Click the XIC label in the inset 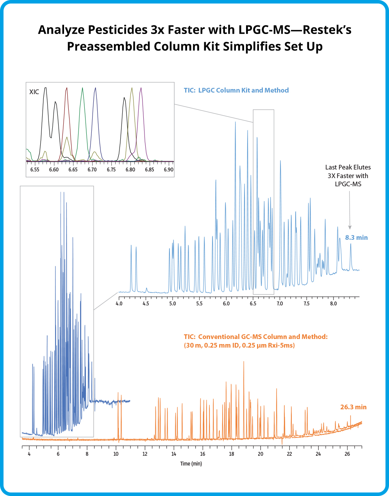click(34, 92)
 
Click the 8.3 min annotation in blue click(356, 237)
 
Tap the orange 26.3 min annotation click(353, 407)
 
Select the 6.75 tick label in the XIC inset click(111, 170)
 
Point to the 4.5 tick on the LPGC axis click(146, 303)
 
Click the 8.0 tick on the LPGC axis click(333, 303)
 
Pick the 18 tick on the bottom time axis click(232, 454)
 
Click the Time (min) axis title click(191, 464)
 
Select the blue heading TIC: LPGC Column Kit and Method click(236, 90)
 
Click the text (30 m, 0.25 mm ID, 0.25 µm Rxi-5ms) click(239, 346)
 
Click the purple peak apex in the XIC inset click(141, 88)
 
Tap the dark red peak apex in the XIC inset click(67, 88)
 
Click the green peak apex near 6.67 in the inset click(82, 88)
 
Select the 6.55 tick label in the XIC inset click(35, 170)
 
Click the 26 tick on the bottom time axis click(347, 454)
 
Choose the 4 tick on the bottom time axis click(29, 454)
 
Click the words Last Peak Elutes click(348, 167)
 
